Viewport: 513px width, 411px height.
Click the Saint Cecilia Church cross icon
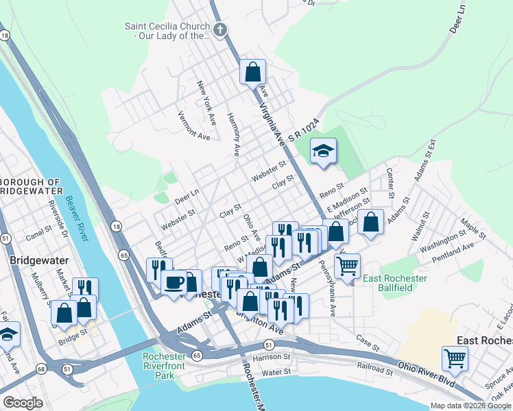[219, 29]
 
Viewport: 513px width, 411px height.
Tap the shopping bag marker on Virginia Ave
[252, 71]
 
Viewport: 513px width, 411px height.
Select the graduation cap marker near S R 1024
[323, 151]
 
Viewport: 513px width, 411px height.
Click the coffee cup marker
[174, 282]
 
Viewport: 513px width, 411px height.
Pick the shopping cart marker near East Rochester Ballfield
[348, 264]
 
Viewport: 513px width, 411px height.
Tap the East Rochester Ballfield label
[394, 283]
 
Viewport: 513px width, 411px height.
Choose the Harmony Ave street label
[233, 133]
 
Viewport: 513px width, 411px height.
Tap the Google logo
[23, 403]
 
